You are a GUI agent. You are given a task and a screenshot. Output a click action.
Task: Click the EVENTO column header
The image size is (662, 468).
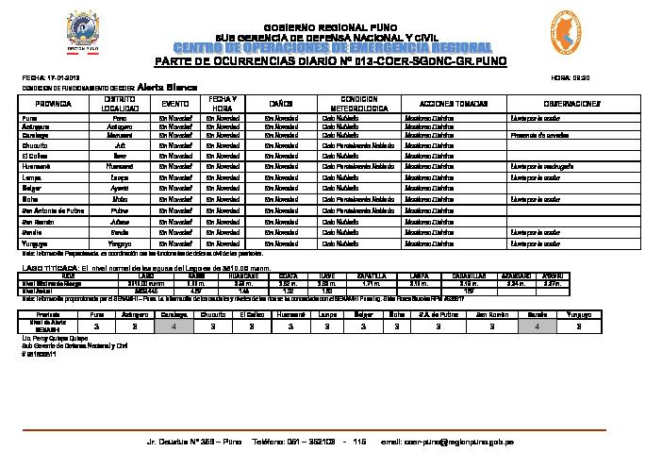[x=176, y=103]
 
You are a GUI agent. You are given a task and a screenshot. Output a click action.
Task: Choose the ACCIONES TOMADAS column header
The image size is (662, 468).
[x=439, y=103]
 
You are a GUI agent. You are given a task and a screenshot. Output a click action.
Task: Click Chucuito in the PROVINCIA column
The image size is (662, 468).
[x=36, y=146]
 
